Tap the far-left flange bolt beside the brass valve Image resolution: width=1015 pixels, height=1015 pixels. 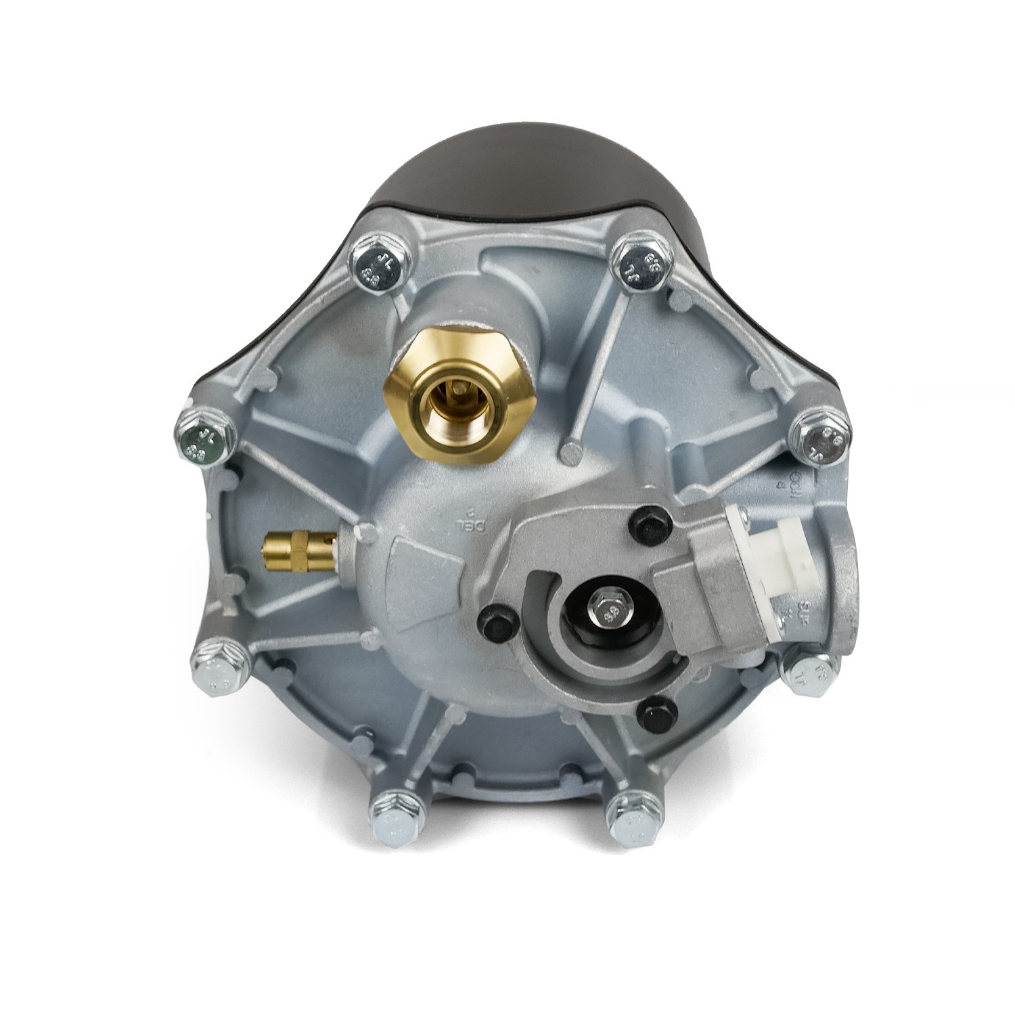tap(204, 436)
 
